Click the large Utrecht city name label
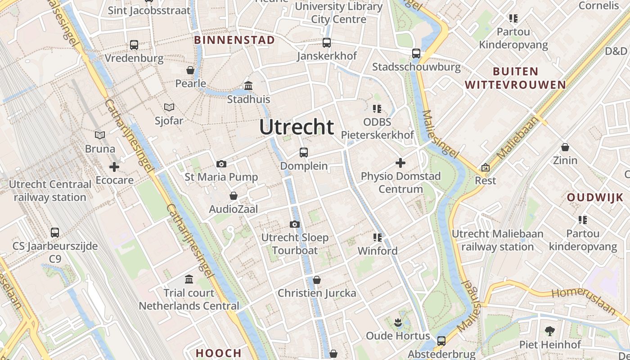pyautogui.click(x=297, y=127)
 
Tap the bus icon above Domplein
pyautogui.click(x=304, y=153)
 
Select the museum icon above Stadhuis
pyautogui.click(x=248, y=85)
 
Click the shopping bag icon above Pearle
pyautogui.click(x=190, y=70)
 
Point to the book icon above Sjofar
pyautogui.click(x=169, y=107)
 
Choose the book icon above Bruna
pyautogui.click(x=100, y=135)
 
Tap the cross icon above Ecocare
pyautogui.click(x=114, y=167)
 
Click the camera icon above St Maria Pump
pyautogui.click(x=221, y=164)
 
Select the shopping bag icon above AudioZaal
pyautogui.click(x=233, y=196)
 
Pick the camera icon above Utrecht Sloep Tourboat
pyautogui.click(x=295, y=224)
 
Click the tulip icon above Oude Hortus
pyautogui.click(x=398, y=322)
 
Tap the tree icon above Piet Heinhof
pyautogui.click(x=549, y=331)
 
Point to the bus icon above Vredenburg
pyautogui.click(x=134, y=45)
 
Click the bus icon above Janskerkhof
pyautogui.click(x=327, y=43)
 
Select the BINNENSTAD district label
pyautogui.click(x=234, y=40)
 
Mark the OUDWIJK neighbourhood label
pyautogui.click(x=595, y=197)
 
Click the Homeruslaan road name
pyautogui.click(x=583, y=300)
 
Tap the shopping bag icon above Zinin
pyautogui.click(x=565, y=147)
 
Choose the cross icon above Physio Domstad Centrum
pyautogui.click(x=400, y=163)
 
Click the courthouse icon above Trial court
pyautogui.click(x=189, y=279)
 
